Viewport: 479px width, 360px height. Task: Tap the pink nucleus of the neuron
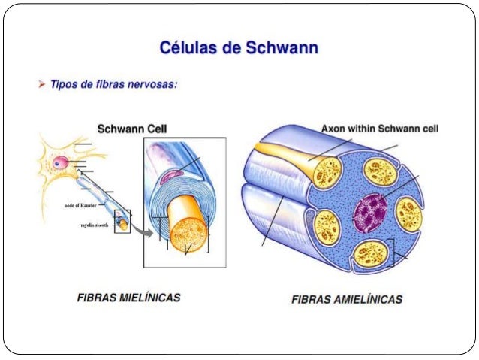point(59,162)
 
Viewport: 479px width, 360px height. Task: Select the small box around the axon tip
point(122,222)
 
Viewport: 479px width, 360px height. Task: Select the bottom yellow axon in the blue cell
point(372,253)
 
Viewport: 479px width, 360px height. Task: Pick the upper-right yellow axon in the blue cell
point(379,171)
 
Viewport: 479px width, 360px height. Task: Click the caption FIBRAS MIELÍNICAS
point(128,298)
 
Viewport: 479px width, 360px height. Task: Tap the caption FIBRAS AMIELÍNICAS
point(346,299)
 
